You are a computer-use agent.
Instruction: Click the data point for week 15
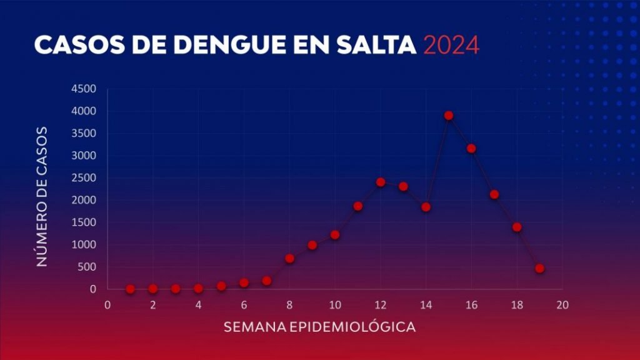[449, 116]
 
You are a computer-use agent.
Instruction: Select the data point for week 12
[381, 182]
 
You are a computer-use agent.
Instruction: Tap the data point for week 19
[539, 269]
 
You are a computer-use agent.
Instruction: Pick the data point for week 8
[289, 258]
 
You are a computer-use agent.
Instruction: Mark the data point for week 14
[426, 207]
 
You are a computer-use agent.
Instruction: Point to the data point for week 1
[130, 289]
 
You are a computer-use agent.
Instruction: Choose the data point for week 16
[471, 149]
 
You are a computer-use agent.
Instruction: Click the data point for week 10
[335, 235]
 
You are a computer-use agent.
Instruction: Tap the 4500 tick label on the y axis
[84, 89]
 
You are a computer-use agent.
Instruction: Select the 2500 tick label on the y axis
[84, 178]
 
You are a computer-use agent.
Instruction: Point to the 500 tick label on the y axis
[86, 267]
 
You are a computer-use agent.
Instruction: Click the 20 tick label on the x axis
[562, 305]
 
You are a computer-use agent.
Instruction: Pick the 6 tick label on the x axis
[244, 305]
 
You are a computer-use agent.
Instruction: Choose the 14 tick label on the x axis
[426, 305]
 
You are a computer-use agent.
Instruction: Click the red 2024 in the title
[451, 46]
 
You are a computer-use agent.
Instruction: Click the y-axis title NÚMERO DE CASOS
[42, 196]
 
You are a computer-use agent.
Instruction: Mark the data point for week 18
[517, 227]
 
